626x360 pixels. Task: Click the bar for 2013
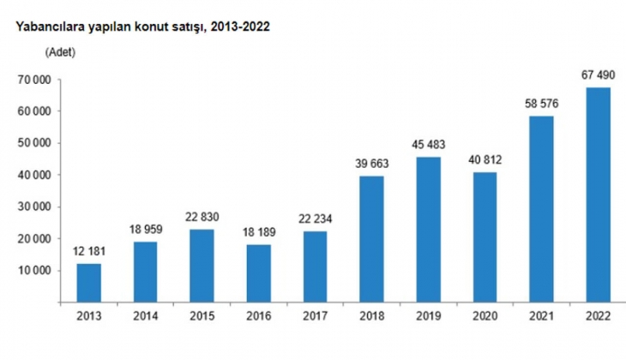[x=88, y=283]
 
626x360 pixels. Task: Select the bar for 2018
[x=370, y=239]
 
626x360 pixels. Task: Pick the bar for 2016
[x=258, y=273]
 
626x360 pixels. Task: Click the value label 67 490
[x=598, y=76]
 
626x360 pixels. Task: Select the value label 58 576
[x=541, y=105]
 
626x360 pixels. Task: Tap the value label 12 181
[x=88, y=252]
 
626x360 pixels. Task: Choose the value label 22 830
[x=202, y=218]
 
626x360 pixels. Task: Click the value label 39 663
[x=370, y=164]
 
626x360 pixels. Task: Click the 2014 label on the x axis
[x=145, y=318]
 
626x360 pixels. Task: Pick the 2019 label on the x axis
[x=427, y=318]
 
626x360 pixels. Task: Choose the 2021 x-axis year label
[x=541, y=318]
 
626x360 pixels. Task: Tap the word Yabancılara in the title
[x=40, y=27]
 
